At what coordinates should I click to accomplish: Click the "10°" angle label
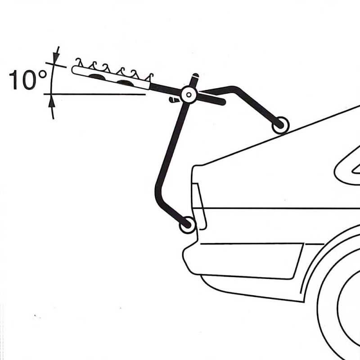click(x=27, y=80)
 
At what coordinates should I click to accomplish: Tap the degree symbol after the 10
click(x=43, y=74)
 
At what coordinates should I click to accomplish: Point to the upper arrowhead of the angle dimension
click(x=56, y=58)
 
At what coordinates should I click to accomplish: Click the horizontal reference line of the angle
click(x=94, y=94)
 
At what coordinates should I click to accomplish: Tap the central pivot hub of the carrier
click(x=189, y=94)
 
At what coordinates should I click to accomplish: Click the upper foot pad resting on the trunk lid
click(x=280, y=125)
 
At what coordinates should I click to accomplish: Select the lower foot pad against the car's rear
click(x=188, y=225)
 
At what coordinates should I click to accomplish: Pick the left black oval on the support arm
click(x=97, y=77)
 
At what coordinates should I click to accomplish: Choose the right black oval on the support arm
click(x=126, y=83)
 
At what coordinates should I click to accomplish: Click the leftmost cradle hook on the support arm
click(x=79, y=62)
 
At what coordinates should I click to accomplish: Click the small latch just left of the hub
click(x=174, y=99)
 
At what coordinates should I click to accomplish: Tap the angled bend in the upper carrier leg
click(x=235, y=89)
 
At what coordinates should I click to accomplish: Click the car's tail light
click(x=199, y=207)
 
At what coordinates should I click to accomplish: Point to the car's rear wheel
click(x=340, y=306)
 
